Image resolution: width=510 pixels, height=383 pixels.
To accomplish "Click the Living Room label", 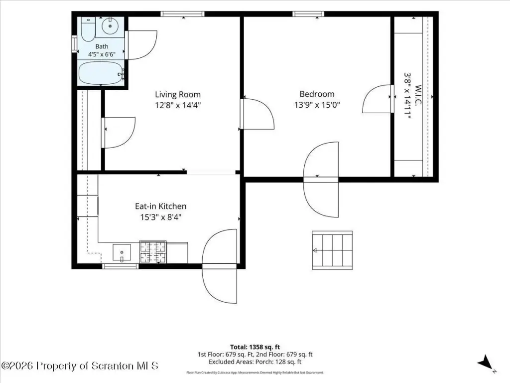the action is (x=178, y=94).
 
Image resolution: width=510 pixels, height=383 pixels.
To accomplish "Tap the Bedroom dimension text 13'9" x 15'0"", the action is (x=317, y=105).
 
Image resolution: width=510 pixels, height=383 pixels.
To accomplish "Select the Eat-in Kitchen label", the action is (x=161, y=206).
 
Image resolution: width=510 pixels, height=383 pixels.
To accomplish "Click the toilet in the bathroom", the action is (x=88, y=29).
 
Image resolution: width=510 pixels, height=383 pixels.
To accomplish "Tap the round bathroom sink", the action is (x=110, y=26).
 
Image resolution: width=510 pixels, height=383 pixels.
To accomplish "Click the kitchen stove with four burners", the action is (x=153, y=252).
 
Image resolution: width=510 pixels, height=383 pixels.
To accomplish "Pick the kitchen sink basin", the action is (x=122, y=253).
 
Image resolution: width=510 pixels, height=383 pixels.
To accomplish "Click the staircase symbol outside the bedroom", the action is (x=332, y=250).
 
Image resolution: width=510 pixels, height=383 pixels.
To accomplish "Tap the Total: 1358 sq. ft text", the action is (x=255, y=347).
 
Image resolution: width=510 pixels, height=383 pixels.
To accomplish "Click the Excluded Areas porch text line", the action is (x=255, y=362).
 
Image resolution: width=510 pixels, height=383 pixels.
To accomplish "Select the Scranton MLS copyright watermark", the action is (x=80, y=366).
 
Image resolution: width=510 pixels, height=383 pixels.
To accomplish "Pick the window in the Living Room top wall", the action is (x=182, y=13).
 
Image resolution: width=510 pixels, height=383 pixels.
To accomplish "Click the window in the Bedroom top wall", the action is (x=308, y=13).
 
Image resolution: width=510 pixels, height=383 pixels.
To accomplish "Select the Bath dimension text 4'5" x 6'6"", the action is (x=102, y=54).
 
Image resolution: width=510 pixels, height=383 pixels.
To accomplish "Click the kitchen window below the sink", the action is (x=121, y=266).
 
